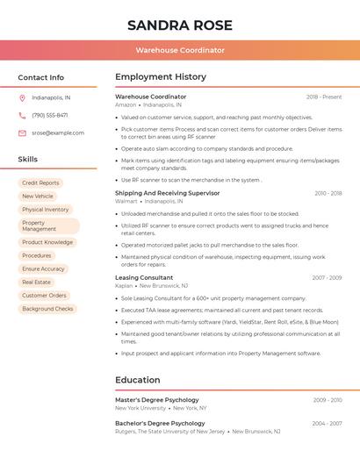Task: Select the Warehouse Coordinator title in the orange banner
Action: pyautogui.click(x=180, y=51)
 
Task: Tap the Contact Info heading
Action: pyautogui.click(x=40, y=77)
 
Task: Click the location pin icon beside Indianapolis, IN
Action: pyautogui.click(x=22, y=97)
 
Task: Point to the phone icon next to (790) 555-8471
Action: pyautogui.click(x=22, y=115)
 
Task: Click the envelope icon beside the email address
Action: pyautogui.click(x=22, y=133)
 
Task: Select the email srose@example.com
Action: pyautogui.click(x=58, y=133)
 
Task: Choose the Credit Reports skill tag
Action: pyautogui.click(x=40, y=183)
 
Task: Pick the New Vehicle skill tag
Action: pyautogui.click(x=38, y=197)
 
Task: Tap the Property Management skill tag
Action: pyautogui.click(x=48, y=226)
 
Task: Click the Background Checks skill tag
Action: pyautogui.click(x=47, y=309)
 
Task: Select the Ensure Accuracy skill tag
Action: pyautogui.click(x=43, y=269)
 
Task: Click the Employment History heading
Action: pyautogui.click(x=161, y=77)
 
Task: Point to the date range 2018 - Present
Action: pyautogui.click(x=324, y=97)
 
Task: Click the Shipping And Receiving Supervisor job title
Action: pyautogui.click(x=167, y=192)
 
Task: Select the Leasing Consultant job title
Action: pyautogui.click(x=144, y=277)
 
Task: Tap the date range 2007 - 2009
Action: pyautogui.click(x=327, y=277)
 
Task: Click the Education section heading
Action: pyautogui.click(x=137, y=380)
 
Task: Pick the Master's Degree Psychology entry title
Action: pyautogui.click(x=157, y=400)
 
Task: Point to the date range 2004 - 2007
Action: pyautogui.click(x=327, y=423)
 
